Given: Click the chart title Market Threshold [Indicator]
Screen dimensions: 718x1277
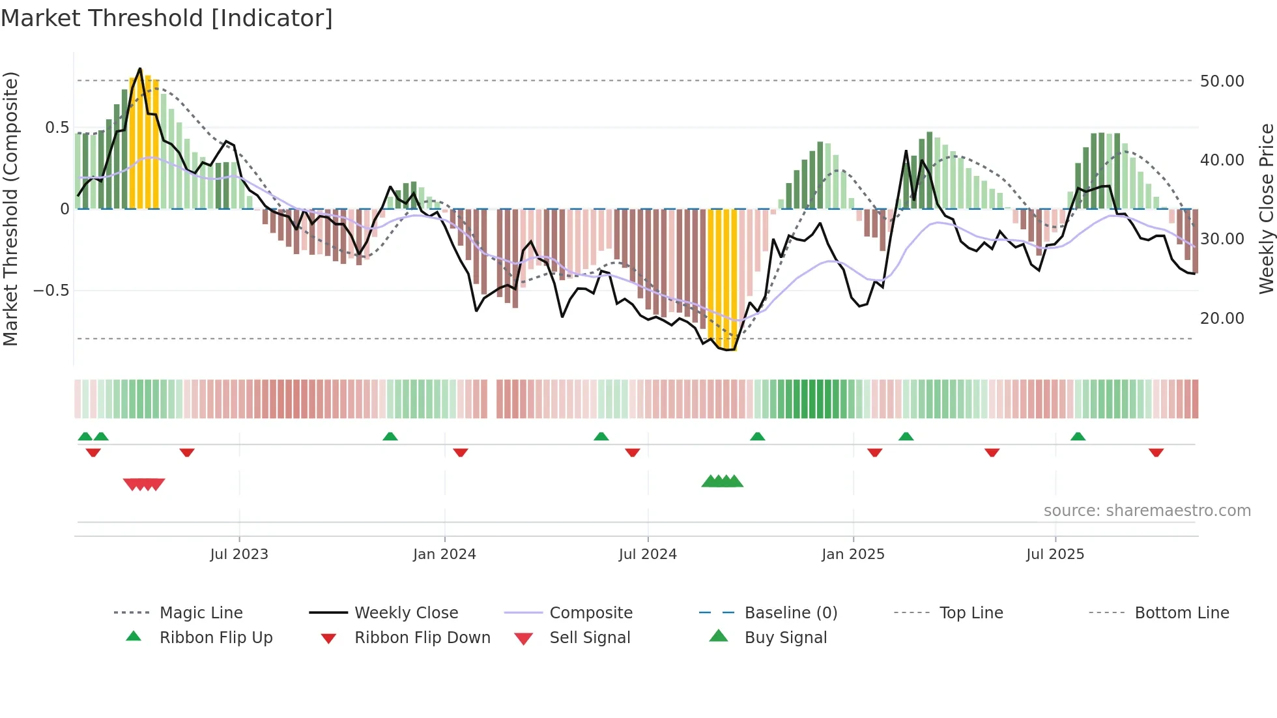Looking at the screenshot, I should pos(167,18).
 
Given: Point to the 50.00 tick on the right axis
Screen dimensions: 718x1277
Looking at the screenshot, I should pos(1222,81).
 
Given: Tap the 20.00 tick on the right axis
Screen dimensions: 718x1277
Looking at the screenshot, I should pos(1222,319).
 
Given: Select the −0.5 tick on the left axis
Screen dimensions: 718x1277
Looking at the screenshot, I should pos(51,291).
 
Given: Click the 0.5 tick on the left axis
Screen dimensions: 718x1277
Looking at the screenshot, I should pos(57,128).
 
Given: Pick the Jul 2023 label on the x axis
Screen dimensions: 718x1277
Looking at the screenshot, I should pos(239,554).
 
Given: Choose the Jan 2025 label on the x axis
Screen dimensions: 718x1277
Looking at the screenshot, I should pos(853,554).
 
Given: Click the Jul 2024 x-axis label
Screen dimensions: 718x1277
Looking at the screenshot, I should pos(648,554).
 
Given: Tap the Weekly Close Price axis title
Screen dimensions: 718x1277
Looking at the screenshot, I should pos(1266,208).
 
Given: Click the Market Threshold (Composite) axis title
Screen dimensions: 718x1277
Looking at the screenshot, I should pos(10,208).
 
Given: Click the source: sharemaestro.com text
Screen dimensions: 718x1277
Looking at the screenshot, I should pos(1147,511).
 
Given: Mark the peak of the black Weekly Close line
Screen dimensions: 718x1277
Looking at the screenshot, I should pos(140,69).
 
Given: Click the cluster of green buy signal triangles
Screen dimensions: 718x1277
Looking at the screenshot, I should pos(722,482).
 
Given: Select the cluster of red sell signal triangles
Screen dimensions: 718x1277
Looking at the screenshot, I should pos(144,484).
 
